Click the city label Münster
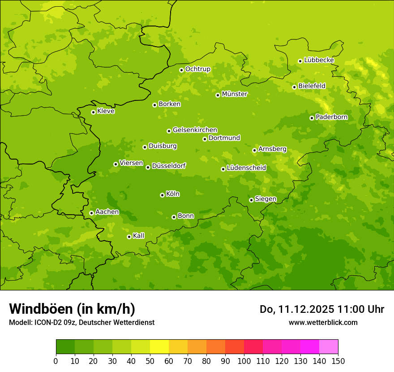[x=234, y=94]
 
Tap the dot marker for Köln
[x=162, y=195]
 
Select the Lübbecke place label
[x=319, y=60]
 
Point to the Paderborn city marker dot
[x=312, y=118]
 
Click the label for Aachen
[x=107, y=212]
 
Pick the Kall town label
[x=138, y=236]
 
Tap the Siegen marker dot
[x=251, y=200]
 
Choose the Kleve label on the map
[x=106, y=111]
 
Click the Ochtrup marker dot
[x=181, y=69]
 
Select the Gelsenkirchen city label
[x=195, y=130]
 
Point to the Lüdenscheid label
[x=246, y=168]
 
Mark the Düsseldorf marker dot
[x=148, y=167]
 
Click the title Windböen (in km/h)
[x=72, y=309]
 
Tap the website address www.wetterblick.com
[x=323, y=322]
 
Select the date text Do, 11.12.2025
[x=297, y=309]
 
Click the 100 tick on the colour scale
[x=244, y=361]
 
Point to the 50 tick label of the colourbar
[x=150, y=361]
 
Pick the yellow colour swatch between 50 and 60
[x=159, y=347]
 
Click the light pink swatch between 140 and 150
[x=329, y=347]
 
